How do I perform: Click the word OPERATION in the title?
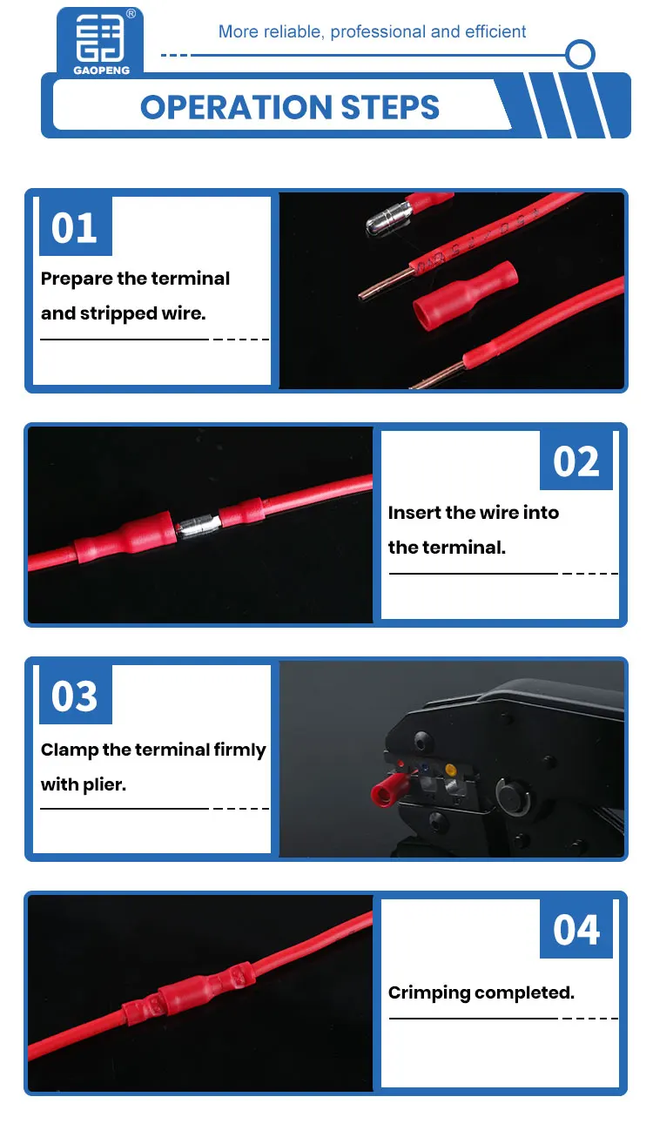(232, 107)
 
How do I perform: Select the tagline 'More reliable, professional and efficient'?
(372, 32)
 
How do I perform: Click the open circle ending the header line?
(580, 54)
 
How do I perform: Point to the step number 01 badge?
(75, 227)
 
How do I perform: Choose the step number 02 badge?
(576, 461)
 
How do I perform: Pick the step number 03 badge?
(75, 696)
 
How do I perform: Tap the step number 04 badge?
(576, 929)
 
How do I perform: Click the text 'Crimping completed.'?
(481, 992)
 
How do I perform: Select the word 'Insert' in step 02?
(414, 513)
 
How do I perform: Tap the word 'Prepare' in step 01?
(77, 279)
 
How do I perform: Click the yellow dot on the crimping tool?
(450, 769)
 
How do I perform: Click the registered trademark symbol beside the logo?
(131, 14)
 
